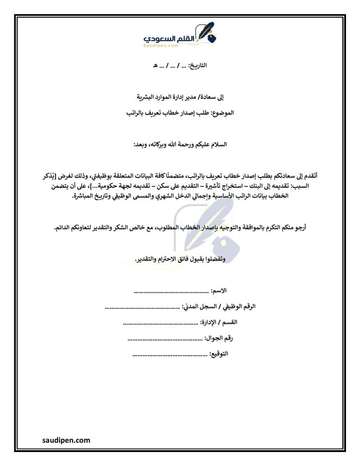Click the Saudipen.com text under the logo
point(161,46)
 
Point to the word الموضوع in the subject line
point(222,113)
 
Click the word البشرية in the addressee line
point(145,97)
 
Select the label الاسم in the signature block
point(219,291)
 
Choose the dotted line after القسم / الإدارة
point(160,322)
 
